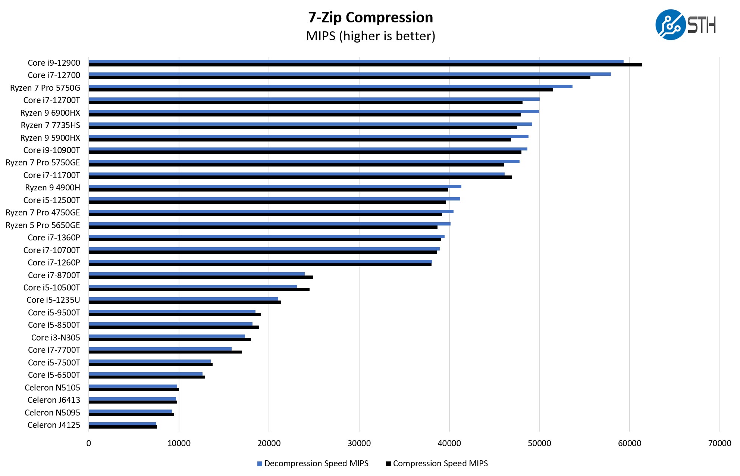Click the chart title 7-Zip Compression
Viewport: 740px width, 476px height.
click(370, 18)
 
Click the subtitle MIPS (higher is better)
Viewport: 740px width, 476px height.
click(370, 36)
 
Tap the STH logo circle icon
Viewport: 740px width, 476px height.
click(670, 25)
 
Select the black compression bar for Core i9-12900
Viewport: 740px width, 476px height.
click(366, 65)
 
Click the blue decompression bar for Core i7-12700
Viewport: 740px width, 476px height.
click(350, 74)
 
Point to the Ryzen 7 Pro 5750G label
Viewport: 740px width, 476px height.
click(45, 88)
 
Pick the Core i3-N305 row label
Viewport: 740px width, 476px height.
click(56, 337)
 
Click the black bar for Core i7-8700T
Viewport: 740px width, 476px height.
click(201, 277)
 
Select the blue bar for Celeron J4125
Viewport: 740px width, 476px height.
click(123, 424)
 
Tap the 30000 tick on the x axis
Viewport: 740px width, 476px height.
click(359, 443)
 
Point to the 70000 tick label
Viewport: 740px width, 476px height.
click(719, 443)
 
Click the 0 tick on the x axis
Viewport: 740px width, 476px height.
click(89, 443)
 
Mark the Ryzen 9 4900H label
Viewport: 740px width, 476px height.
click(53, 187)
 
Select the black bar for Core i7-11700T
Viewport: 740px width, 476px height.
click(300, 177)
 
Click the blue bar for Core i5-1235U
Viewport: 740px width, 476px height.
click(184, 299)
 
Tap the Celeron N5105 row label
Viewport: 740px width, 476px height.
click(52, 388)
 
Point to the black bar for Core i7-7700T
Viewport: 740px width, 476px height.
click(165, 352)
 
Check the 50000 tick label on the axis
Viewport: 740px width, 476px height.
click(539, 443)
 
